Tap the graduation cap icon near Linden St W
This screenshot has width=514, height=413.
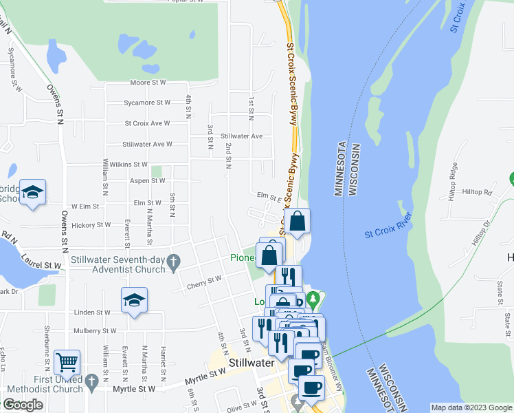[134, 299]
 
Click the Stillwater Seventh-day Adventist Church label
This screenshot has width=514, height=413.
[118, 265]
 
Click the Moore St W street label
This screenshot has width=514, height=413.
[148, 83]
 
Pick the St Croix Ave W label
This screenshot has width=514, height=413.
[147, 124]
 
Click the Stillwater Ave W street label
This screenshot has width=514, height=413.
[146, 145]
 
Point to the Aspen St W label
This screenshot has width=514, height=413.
[147, 180]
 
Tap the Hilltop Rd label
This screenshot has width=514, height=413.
[478, 192]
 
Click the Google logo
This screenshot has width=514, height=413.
[23, 405]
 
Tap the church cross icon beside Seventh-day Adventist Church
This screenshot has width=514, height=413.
[174, 261]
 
